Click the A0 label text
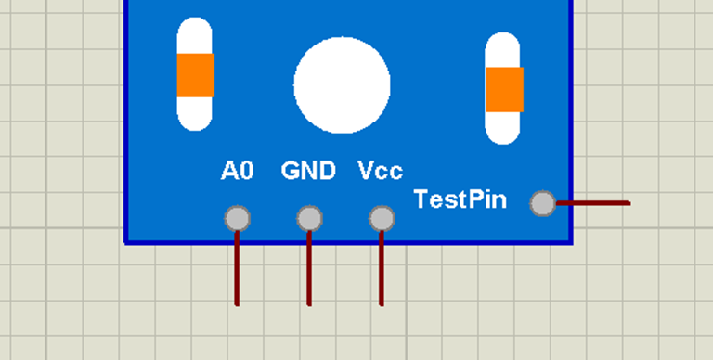tap(237, 171)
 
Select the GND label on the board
tap(308, 171)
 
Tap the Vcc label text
tap(380, 171)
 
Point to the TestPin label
tap(460, 199)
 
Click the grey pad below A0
tap(237, 219)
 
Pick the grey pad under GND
tap(309, 219)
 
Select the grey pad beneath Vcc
tap(381, 219)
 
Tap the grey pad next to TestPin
tap(542, 202)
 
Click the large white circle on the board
tap(342, 84)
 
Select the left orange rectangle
tap(195, 75)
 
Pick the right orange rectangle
tap(504, 89)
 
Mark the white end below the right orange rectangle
tap(503, 128)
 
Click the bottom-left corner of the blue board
tap(126, 241)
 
